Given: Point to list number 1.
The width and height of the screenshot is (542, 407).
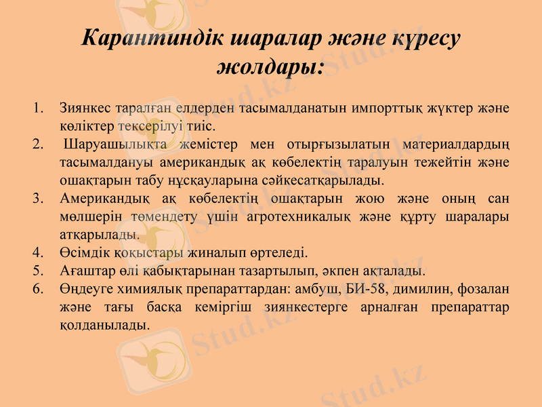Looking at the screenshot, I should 38,107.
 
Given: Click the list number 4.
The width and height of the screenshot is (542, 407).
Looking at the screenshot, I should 38,254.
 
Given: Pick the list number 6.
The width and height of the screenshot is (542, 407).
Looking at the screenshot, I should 38,289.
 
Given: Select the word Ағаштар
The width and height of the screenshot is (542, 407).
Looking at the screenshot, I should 84,271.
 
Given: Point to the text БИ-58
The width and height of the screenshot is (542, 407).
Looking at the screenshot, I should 364,289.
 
